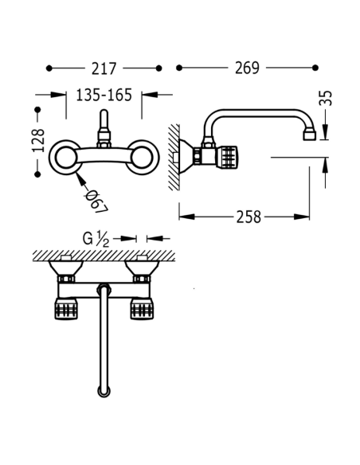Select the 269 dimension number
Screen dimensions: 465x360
[247, 68]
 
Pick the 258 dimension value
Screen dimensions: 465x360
[247, 217]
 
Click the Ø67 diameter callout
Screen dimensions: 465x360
[97, 200]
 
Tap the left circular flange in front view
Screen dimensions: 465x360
[66, 156]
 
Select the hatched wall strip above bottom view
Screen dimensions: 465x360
[104, 255]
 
